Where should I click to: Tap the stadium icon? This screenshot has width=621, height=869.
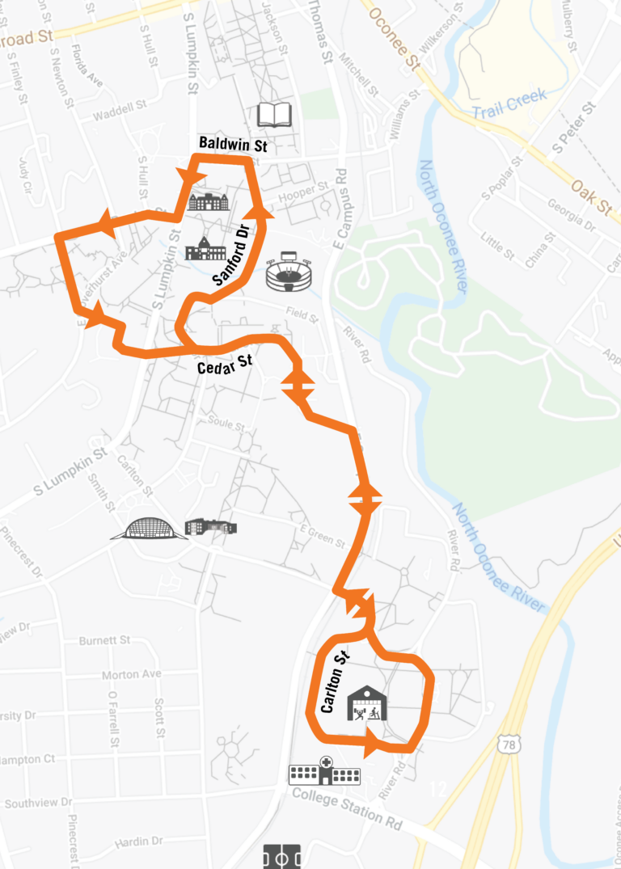click(288, 272)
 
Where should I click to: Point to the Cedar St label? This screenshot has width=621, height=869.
click(225, 365)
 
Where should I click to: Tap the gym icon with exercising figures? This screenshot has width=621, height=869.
click(367, 703)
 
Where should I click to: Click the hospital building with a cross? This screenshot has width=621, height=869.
click(324, 771)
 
